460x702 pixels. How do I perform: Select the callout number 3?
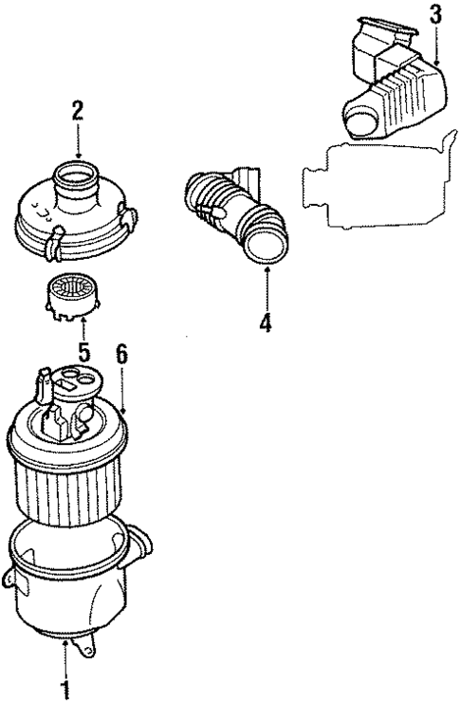pyautogui.click(x=434, y=14)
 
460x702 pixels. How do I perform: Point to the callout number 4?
pyautogui.click(x=266, y=323)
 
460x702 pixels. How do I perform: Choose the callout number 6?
pyautogui.click(x=121, y=354)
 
